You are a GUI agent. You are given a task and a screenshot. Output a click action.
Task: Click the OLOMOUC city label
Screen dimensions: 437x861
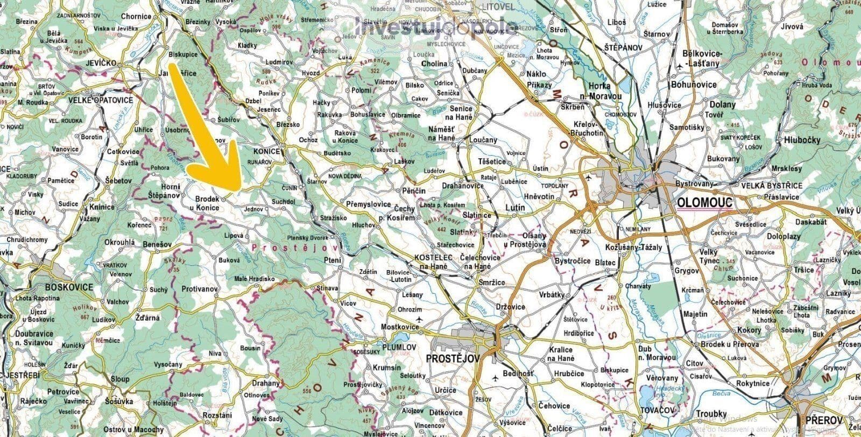coord(705,203)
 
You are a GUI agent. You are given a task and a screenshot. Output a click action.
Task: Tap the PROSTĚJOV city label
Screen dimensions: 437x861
coord(453,358)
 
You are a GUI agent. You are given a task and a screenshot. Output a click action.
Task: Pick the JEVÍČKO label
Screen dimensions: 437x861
coord(102,64)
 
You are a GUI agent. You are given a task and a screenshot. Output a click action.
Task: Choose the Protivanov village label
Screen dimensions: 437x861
coord(199,289)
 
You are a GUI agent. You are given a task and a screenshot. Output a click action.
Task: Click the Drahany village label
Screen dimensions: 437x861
coord(266,383)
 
